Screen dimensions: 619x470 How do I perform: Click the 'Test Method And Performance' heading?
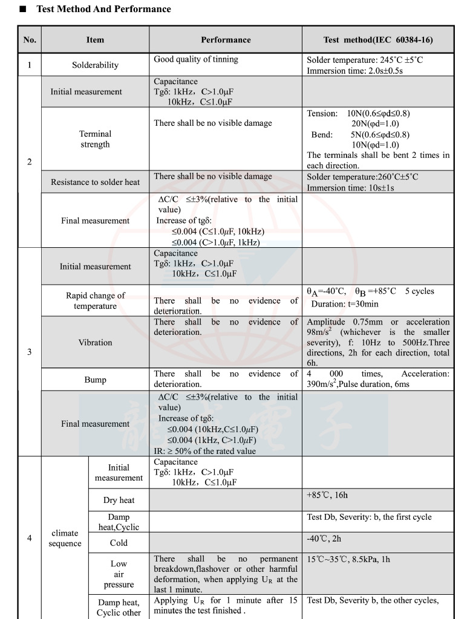coord(103,9)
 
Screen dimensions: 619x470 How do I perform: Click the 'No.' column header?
coord(29,40)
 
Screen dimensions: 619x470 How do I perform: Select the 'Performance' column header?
coord(226,40)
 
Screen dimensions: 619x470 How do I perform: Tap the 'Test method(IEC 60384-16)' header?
coord(378,40)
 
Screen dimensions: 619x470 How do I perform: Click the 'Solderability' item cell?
coord(95,65)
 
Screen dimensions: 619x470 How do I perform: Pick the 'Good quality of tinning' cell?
coord(196,59)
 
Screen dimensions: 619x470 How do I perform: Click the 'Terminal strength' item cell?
coord(95,139)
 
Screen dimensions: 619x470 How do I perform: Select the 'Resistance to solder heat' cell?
coord(95,182)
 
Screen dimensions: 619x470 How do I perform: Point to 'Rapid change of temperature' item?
coord(95,300)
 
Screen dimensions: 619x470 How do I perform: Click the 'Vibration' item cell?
coord(95,342)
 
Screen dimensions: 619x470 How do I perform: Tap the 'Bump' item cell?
coord(95,380)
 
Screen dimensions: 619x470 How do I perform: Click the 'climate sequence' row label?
coord(65,538)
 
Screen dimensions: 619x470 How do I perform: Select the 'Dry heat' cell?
coord(119,500)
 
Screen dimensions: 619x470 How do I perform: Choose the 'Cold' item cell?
coord(119,543)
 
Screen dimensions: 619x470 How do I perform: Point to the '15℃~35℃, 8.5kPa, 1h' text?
coord(348,559)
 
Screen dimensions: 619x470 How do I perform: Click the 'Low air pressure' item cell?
coord(119,574)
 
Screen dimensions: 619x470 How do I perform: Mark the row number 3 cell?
coord(29,352)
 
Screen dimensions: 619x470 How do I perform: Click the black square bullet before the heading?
coord(23,10)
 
